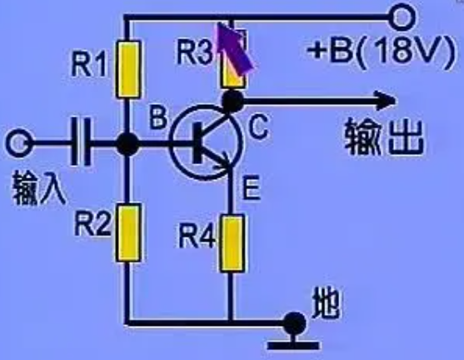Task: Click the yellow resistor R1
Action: [128, 69]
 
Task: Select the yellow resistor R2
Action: [128, 232]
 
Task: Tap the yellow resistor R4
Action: [232, 243]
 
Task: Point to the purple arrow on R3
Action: [235, 48]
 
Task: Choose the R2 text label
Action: [93, 224]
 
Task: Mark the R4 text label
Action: [197, 236]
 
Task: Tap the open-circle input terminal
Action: [17, 143]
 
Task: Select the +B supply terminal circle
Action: [402, 17]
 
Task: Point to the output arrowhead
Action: [385, 102]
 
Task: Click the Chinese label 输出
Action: [384, 137]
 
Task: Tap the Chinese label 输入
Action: [38, 188]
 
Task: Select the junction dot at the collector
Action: [232, 102]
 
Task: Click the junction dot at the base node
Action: [127, 144]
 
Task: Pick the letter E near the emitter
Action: [252, 187]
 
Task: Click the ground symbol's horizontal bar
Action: [293, 345]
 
